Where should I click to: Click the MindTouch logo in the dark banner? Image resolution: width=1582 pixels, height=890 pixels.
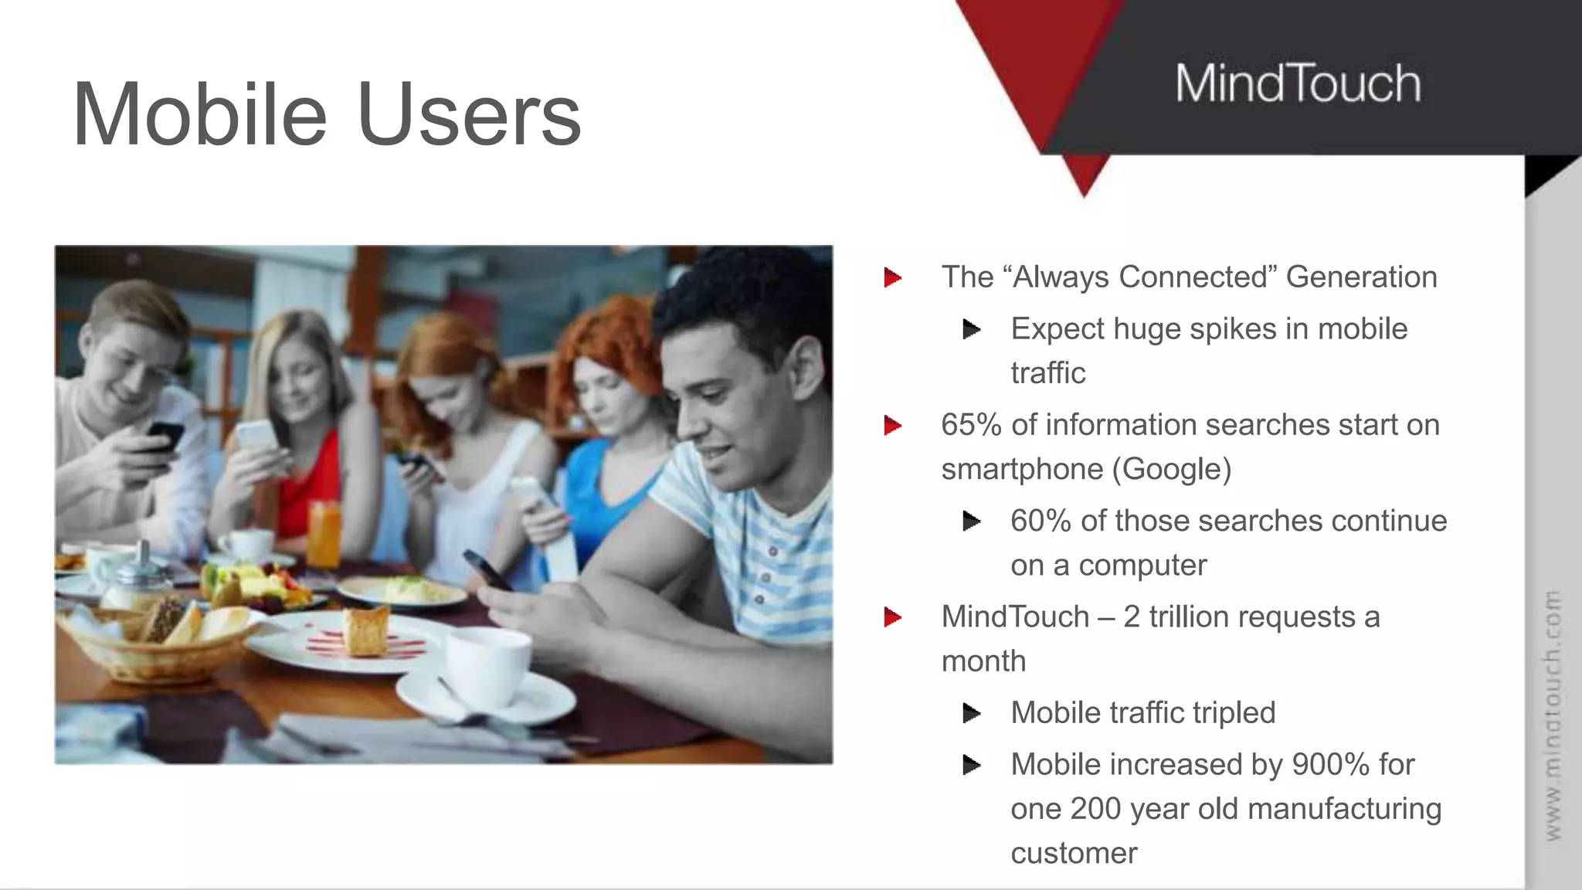click(x=1298, y=83)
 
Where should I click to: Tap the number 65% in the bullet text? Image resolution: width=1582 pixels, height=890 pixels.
click(x=971, y=425)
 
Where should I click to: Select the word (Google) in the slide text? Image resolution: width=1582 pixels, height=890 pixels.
click(x=1171, y=469)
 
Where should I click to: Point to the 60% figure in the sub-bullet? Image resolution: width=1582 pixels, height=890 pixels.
click(x=1041, y=521)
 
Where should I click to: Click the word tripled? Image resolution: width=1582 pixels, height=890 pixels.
click(x=1232, y=713)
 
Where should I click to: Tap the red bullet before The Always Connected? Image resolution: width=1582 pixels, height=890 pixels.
click(x=893, y=277)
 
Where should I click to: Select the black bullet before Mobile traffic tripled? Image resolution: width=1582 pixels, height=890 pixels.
click(x=972, y=713)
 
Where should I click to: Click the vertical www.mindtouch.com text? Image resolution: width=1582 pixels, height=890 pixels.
click(x=1552, y=715)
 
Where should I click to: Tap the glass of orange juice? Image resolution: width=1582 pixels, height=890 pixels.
click(x=324, y=533)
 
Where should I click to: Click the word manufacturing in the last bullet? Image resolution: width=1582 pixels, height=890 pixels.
click(x=1344, y=809)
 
